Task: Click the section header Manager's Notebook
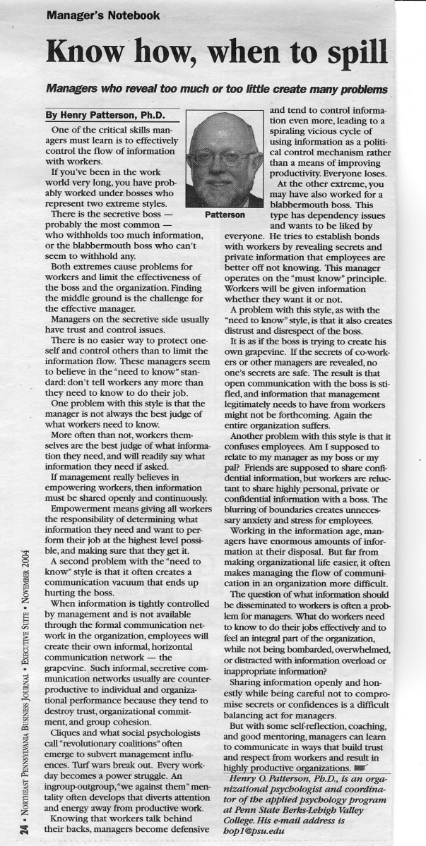pyautogui.click(x=104, y=14)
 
